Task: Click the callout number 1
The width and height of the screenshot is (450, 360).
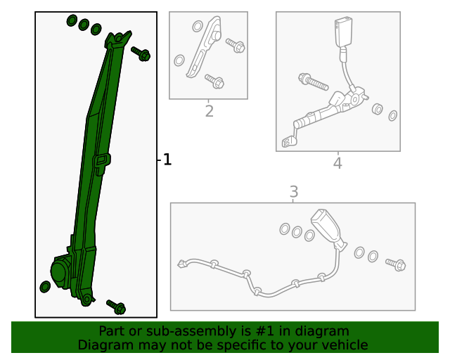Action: [167, 160]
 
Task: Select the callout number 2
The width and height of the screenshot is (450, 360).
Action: [209, 111]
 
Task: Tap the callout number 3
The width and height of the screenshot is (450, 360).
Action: [294, 191]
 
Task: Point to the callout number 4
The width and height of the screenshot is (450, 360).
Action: [337, 163]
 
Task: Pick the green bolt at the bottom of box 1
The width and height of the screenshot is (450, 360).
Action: [116, 307]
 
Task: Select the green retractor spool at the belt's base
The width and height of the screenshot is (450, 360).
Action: [62, 270]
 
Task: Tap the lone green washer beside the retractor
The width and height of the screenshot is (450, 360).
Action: [45, 286]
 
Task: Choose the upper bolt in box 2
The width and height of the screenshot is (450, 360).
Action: [236, 46]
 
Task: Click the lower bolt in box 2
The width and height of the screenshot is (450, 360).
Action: [214, 82]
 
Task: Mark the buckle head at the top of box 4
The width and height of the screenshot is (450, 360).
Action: [345, 32]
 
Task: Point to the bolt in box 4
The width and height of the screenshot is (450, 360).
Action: [313, 82]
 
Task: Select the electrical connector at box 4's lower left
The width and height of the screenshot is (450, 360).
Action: [288, 143]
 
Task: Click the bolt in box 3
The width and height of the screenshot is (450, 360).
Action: [396, 264]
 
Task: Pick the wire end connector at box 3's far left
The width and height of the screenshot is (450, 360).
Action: [182, 264]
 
